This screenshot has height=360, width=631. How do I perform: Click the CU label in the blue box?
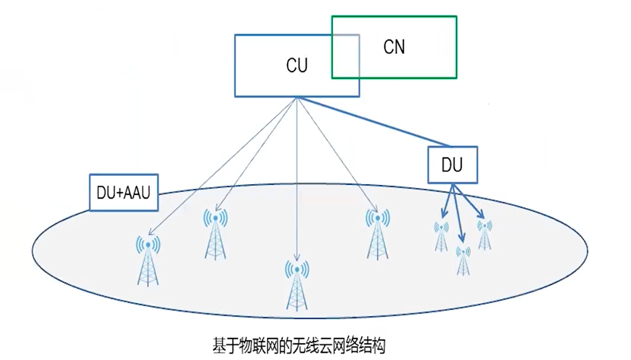click(x=296, y=66)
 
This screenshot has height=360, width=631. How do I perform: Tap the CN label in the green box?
click(x=394, y=47)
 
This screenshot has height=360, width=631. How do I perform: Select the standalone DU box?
click(x=452, y=165)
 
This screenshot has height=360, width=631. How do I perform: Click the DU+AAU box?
click(x=124, y=192)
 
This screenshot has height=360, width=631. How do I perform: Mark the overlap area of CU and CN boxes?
click(x=345, y=57)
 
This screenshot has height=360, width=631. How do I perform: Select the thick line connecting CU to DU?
click(x=375, y=122)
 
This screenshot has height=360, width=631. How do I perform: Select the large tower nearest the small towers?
click(x=377, y=234)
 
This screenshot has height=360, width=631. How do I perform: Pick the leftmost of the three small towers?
click(x=441, y=236)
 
